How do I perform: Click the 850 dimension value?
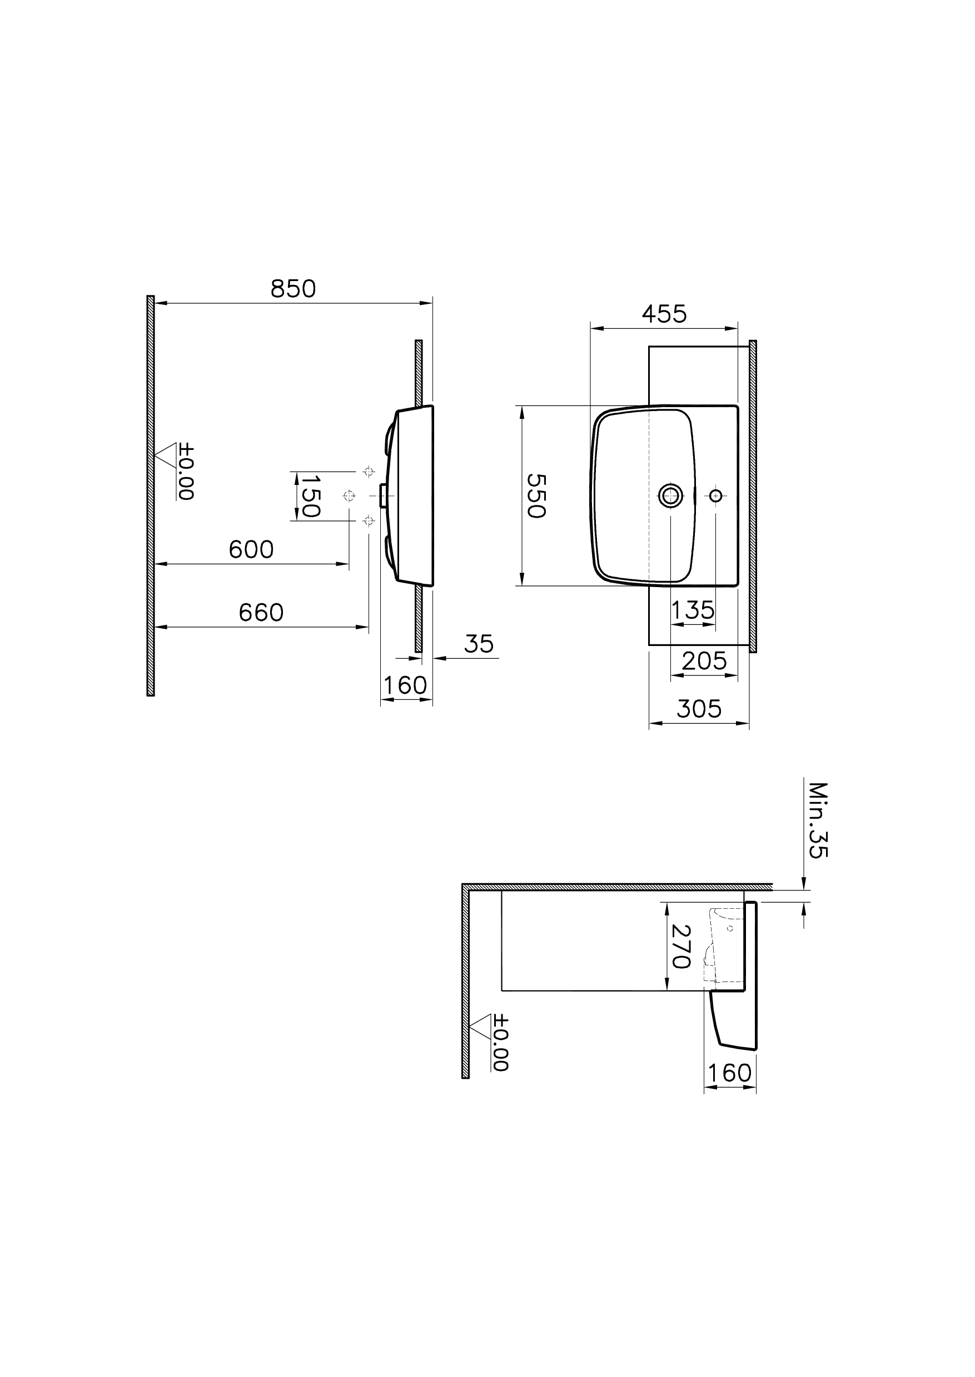293,289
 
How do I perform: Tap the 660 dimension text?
261,613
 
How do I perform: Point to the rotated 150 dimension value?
310,496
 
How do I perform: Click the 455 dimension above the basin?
664,314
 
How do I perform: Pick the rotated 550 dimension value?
536,495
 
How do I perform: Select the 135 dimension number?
693,610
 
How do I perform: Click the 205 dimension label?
704,661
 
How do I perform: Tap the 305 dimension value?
699,709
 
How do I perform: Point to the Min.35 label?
818,820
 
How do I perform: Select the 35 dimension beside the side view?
479,644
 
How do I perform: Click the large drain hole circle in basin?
670,495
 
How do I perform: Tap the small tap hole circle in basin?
715,495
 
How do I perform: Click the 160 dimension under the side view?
405,685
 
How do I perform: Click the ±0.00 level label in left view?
186,472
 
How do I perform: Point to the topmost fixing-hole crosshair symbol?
369,471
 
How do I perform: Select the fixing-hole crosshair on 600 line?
349,495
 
